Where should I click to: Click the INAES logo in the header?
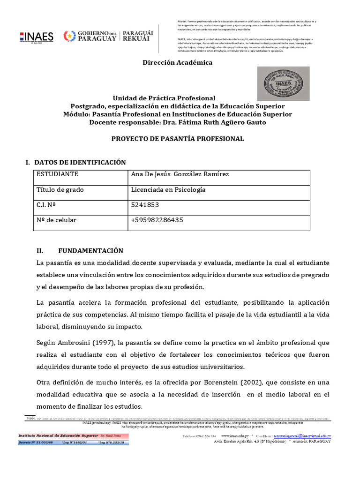pyautogui.click(x=37, y=37)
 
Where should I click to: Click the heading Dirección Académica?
pyautogui.click(x=177, y=62)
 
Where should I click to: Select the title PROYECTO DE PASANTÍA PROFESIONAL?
pyautogui.click(x=177, y=139)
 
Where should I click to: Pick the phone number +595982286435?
pyautogui.click(x=157, y=220)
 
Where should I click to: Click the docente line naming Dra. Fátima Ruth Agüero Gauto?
pyautogui.click(x=177, y=122)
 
